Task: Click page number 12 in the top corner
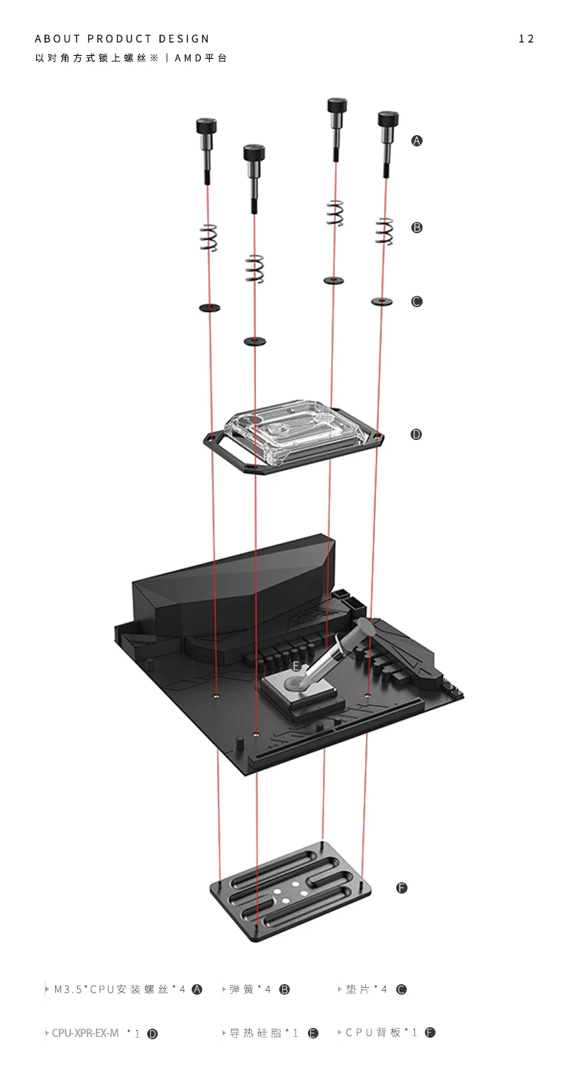tap(526, 39)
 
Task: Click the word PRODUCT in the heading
tap(119, 38)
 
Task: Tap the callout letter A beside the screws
tap(417, 141)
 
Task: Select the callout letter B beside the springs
tap(417, 227)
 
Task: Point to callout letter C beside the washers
tap(417, 301)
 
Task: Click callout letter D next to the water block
tap(416, 434)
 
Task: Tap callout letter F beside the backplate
tap(401, 888)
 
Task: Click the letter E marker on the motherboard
tap(297, 666)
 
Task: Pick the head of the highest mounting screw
tap(337, 106)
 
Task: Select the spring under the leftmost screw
tap(209, 238)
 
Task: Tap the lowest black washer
tap(255, 341)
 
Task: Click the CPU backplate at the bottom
tap(291, 892)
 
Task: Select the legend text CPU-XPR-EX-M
tap(85, 1032)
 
